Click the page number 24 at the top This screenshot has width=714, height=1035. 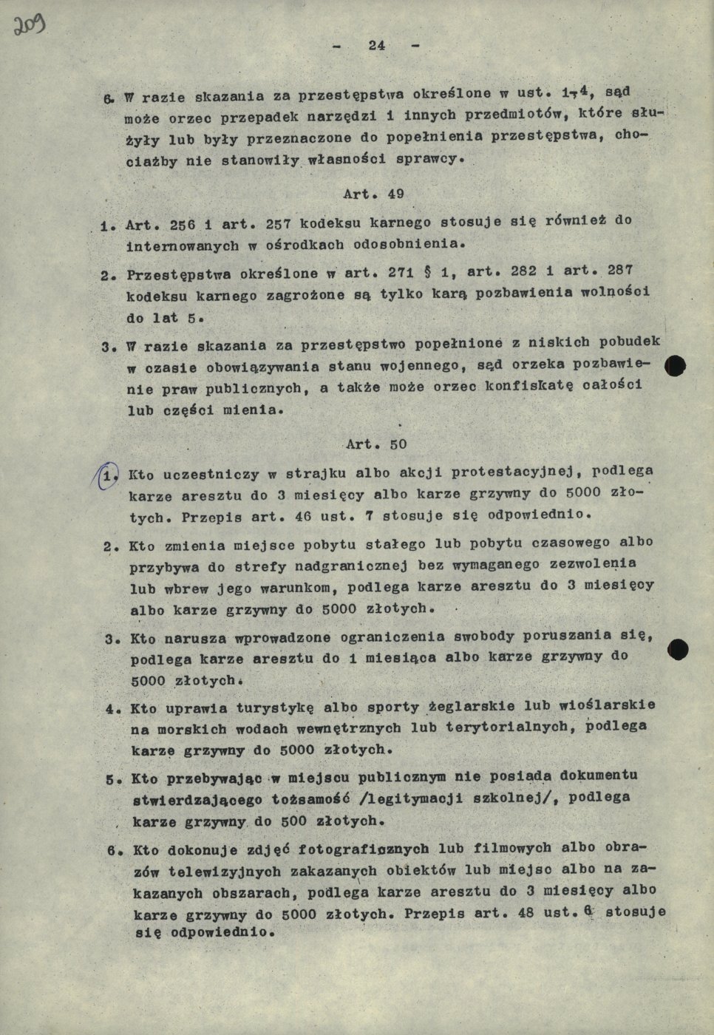coord(376,45)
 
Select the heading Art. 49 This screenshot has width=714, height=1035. coord(373,194)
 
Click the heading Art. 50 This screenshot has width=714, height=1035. coord(375,444)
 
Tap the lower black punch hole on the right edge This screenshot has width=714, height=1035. coord(677,650)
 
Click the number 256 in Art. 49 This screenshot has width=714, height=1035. coord(185,223)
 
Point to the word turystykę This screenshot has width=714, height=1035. coord(280,708)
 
